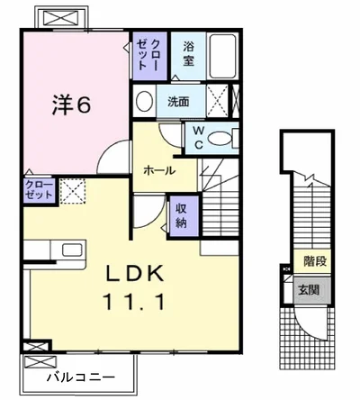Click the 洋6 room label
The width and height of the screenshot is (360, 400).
tap(71, 105)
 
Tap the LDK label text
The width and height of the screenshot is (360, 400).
tap(135, 273)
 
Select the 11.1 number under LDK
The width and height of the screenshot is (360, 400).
tap(134, 302)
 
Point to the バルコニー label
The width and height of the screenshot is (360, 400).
tap(81, 377)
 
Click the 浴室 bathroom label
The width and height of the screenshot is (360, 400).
tap(188, 54)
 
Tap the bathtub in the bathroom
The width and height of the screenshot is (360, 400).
tap(222, 56)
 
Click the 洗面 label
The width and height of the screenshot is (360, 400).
tap(178, 102)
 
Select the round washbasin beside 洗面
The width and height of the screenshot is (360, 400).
tap(144, 101)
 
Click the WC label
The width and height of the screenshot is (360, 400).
tap(198, 138)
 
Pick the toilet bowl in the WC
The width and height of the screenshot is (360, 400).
tap(220, 139)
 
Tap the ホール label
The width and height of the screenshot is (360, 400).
tap(159, 170)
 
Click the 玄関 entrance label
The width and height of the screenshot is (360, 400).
tap(309, 290)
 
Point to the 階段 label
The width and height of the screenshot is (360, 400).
tap(315, 261)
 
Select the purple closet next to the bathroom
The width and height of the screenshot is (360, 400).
tap(149, 56)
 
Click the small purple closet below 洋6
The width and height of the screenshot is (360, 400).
tap(40, 190)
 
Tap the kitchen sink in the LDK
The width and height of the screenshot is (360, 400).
tap(72, 250)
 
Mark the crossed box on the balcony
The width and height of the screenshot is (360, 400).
tap(40, 361)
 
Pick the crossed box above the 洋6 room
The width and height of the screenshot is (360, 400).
tap(63, 17)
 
